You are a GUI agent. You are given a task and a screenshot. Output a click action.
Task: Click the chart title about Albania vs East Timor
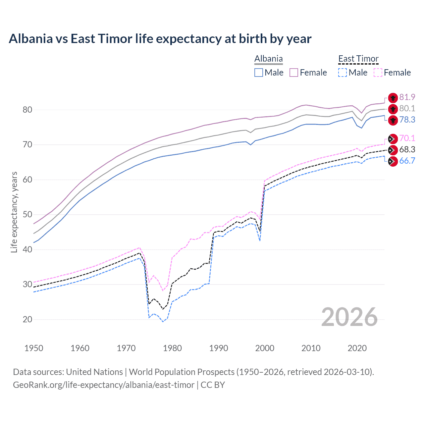pos(160,39)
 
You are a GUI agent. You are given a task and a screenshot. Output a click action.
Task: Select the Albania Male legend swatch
pos(259,73)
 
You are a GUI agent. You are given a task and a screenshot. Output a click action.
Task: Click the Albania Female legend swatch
pos(294,73)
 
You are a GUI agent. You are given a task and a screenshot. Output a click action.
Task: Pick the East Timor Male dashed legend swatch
pos(343,73)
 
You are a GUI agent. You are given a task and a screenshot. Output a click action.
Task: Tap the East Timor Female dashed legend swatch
pos(378,73)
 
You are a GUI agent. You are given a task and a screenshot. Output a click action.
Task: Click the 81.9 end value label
pos(407,97)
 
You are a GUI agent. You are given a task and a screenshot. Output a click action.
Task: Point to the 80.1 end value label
pos(407,108)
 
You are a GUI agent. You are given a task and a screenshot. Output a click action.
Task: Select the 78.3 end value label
pos(407,120)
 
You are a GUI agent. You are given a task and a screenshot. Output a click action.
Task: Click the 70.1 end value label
pos(407,138)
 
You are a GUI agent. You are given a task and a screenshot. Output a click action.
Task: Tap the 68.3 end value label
pos(407,149)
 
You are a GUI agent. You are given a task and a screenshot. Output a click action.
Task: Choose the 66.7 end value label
pos(407,161)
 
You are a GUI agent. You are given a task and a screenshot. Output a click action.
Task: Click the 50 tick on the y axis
pos(27,214)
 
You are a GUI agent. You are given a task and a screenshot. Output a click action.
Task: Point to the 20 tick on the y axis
pos(27,319)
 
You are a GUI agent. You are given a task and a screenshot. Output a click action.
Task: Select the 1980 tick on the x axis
pos(172,348)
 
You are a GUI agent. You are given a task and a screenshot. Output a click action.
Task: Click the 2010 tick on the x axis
pos(311,348)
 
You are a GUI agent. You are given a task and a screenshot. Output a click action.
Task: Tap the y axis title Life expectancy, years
pos(14,212)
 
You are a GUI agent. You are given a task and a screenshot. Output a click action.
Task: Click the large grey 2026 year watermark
pos(349,317)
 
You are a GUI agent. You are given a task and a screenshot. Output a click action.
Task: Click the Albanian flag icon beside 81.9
pos(393,98)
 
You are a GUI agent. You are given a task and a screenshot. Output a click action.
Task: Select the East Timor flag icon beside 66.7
pos(393,161)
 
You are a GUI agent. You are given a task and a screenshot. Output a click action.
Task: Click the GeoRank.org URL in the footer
pos(104,385)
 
